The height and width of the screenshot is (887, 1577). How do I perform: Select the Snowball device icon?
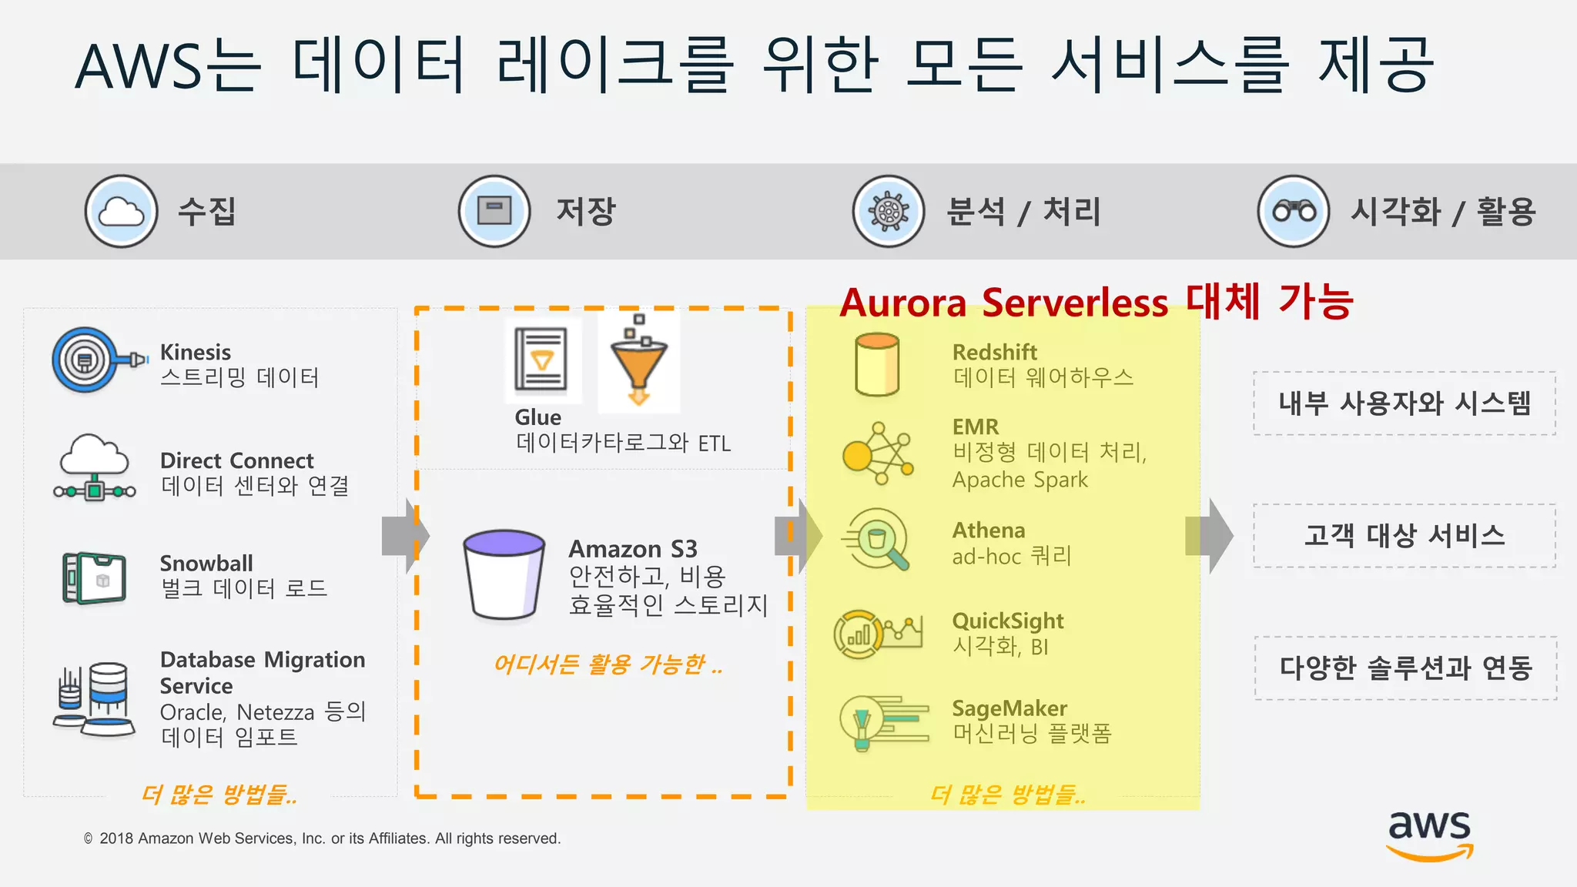click(x=95, y=577)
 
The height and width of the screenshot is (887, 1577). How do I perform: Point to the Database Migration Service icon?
click(x=95, y=699)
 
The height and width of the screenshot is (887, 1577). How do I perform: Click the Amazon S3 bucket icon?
click(x=504, y=574)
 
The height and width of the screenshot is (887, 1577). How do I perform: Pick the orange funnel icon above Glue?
click(x=638, y=362)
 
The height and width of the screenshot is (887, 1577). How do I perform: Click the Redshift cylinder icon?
click(x=877, y=364)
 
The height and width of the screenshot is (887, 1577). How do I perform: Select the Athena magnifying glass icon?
click(x=877, y=540)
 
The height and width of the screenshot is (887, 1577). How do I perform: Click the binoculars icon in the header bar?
click(x=1294, y=211)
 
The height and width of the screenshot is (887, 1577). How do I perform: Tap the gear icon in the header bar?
click(x=889, y=211)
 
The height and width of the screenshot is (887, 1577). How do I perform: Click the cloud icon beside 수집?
click(x=121, y=211)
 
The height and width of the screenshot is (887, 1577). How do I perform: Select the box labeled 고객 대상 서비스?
click(x=1405, y=536)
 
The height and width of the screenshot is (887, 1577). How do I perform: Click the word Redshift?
click(x=994, y=353)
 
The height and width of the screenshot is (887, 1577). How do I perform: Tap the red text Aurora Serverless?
click(x=1004, y=303)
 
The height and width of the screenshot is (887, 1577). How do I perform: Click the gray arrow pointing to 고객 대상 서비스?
click(x=1213, y=536)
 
